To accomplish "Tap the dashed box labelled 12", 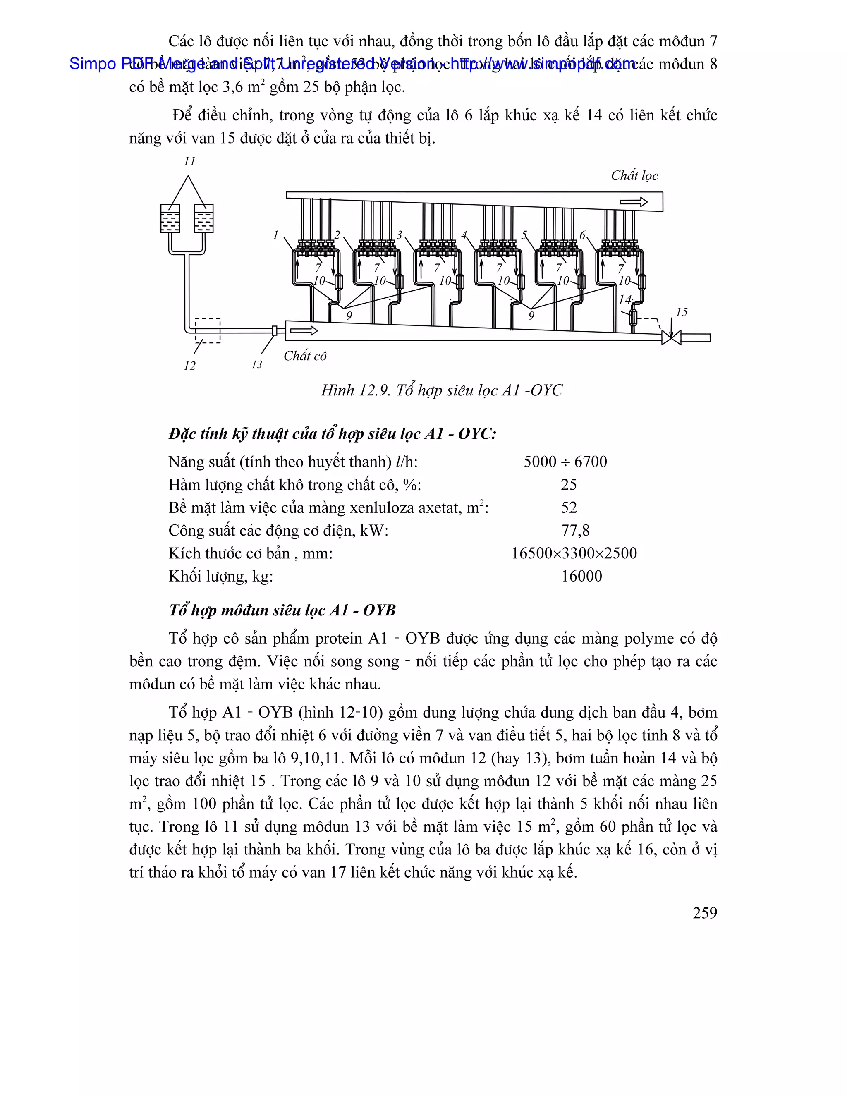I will (x=207, y=330).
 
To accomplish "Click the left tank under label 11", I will (x=170, y=218).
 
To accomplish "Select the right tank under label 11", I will (x=204, y=218).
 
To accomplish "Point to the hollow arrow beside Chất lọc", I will (x=633, y=202).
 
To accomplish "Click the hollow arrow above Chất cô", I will (x=304, y=331).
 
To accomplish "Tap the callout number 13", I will (x=257, y=365).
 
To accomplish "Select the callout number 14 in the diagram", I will (x=625, y=300).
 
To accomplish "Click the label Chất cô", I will (x=304, y=356).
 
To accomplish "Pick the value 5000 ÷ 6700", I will (x=565, y=462).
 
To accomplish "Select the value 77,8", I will (x=575, y=531).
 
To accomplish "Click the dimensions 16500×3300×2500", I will (x=574, y=553).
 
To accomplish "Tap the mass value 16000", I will (x=581, y=576).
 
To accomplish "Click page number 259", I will (x=704, y=913).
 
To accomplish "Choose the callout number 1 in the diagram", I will (x=275, y=235).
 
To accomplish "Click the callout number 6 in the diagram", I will (x=582, y=235).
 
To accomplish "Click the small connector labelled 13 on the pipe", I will (x=274, y=331).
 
